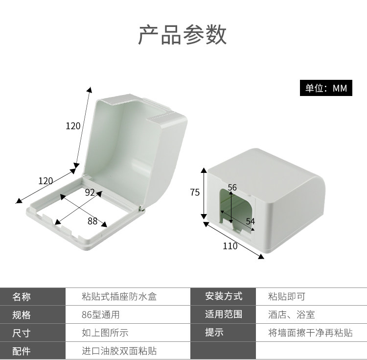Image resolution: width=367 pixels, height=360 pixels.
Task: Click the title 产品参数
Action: (183, 35)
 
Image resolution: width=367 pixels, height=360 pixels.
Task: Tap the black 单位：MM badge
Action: (326, 88)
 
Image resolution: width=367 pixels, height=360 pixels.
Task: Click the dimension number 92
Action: (90, 192)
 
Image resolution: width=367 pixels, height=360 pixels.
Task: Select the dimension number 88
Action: (92, 221)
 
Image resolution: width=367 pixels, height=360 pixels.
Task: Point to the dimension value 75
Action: (195, 192)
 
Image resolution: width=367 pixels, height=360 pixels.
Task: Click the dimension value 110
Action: (230, 246)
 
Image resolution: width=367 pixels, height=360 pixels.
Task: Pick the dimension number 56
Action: (232, 188)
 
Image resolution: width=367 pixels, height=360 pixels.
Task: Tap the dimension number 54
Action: (250, 221)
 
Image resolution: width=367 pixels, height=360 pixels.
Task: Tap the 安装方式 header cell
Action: (224, 296)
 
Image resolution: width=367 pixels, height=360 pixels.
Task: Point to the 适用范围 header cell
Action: (224, 314)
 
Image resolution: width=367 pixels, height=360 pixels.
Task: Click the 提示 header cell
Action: (214, 333)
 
